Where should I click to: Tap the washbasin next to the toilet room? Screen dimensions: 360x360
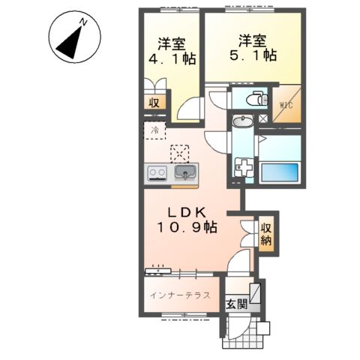point(242,123)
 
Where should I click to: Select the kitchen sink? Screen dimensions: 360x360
point(184,173)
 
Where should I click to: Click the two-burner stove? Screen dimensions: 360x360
point(157,173)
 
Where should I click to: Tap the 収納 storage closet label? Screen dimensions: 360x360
point(266,234)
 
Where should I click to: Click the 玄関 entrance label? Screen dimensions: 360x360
point(235,304)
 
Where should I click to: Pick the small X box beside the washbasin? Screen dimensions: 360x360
point(263,119)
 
